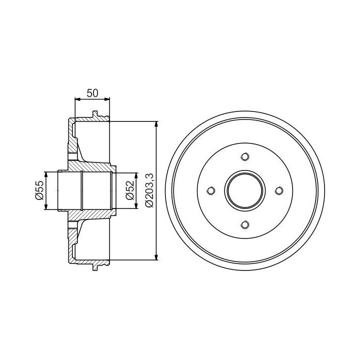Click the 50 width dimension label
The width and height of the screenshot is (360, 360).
(92, 93)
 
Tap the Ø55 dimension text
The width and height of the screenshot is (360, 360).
(39, 190)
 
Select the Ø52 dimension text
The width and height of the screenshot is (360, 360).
(129, 190)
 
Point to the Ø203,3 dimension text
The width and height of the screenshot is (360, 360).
(149, 190)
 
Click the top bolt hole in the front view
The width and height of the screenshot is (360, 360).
(245, 157)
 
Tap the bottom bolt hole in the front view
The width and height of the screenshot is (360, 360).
(245, 224)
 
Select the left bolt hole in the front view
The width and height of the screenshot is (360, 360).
(211, 191)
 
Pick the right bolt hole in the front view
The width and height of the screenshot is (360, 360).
(279, 191)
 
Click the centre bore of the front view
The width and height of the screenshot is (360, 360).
(245, 191)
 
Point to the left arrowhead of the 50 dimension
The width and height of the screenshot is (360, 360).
(78, 99)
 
